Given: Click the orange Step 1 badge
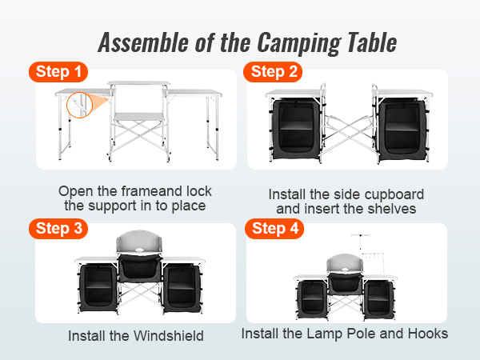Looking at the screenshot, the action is coord(58,72).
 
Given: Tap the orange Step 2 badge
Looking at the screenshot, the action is coord(273,72).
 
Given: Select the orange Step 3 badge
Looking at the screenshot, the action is coord(58,229).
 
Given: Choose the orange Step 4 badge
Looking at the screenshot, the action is coord(274,229).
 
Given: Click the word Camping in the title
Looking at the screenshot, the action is coord(299,43).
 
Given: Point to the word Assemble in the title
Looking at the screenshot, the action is coord(143,42).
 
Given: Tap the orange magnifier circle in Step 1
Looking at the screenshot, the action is coord(79,105).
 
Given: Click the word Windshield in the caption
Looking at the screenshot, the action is coord(169,336).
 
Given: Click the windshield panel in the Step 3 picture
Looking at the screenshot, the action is coord(139,242).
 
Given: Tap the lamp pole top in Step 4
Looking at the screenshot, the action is coord(361,235).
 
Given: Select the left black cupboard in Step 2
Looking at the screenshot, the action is coord(296,129).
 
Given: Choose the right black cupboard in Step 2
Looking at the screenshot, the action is coord(402,129).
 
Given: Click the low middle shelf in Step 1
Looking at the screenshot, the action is coord(139,117).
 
